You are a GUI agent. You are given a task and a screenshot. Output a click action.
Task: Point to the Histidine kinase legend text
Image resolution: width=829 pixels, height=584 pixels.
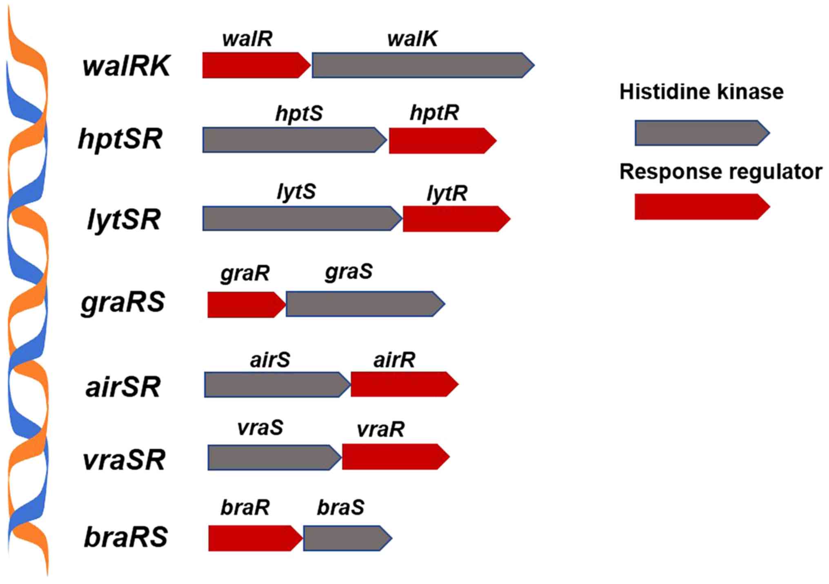coord(701,92)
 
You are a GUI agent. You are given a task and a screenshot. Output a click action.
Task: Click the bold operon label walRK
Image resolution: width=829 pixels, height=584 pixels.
coord(126,66)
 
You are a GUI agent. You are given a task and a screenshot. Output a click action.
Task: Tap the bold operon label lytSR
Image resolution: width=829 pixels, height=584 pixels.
coord(124,220)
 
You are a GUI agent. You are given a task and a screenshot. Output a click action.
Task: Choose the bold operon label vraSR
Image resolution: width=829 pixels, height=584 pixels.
coord(124,460)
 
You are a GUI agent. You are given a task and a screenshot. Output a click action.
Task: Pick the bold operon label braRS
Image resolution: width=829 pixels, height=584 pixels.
coord(126,537)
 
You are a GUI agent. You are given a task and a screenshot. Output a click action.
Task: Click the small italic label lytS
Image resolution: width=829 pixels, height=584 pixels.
coord(296,191)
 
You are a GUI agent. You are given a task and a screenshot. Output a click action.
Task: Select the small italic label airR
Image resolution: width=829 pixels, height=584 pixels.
coord(394,360)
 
